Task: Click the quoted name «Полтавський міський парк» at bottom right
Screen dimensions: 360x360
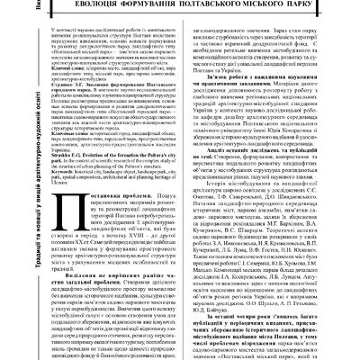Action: (298, 355)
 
